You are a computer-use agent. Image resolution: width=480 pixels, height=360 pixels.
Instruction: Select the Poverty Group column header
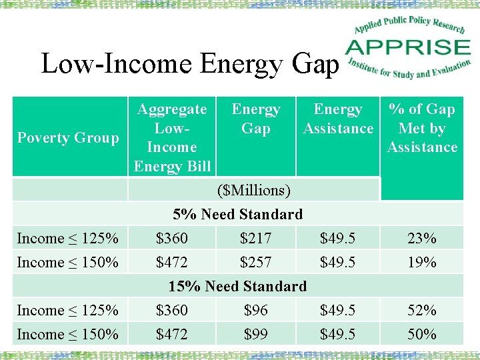pos(68,138)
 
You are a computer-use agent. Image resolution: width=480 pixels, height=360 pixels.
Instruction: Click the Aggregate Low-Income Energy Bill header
pos(172,137)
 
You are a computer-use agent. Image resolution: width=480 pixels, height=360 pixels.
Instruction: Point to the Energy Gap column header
pos(255,119)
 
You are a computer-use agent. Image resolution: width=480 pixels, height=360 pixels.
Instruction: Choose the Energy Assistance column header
pos(338,119)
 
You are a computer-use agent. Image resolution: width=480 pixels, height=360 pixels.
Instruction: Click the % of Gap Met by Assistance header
pos(422,128)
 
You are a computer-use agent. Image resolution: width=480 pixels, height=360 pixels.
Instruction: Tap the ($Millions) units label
pos(254,191)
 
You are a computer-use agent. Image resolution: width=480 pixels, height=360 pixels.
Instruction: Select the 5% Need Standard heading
pos(237,215)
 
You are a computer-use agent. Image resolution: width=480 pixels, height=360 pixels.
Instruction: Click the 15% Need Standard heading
pos(237,287)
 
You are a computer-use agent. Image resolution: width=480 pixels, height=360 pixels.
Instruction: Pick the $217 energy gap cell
pos(255,239)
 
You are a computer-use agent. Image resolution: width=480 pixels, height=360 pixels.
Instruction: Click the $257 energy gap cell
pos(255,263)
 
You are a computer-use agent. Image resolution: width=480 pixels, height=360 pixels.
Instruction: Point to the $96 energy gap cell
pos(255,311)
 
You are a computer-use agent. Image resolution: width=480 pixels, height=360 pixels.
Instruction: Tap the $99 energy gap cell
pos(255,335)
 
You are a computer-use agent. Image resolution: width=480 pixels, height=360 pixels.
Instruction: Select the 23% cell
pos(422,239)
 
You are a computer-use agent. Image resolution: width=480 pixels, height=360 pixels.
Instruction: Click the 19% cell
pos(422,263)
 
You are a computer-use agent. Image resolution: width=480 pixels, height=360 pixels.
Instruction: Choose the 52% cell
pos(422,311)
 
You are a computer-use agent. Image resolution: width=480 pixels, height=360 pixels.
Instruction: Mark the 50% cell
pos(422,335)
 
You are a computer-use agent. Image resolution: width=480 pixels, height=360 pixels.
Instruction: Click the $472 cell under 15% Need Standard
pos(172,335)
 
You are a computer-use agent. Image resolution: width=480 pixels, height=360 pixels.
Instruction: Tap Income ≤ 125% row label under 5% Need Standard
pos(68,239)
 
